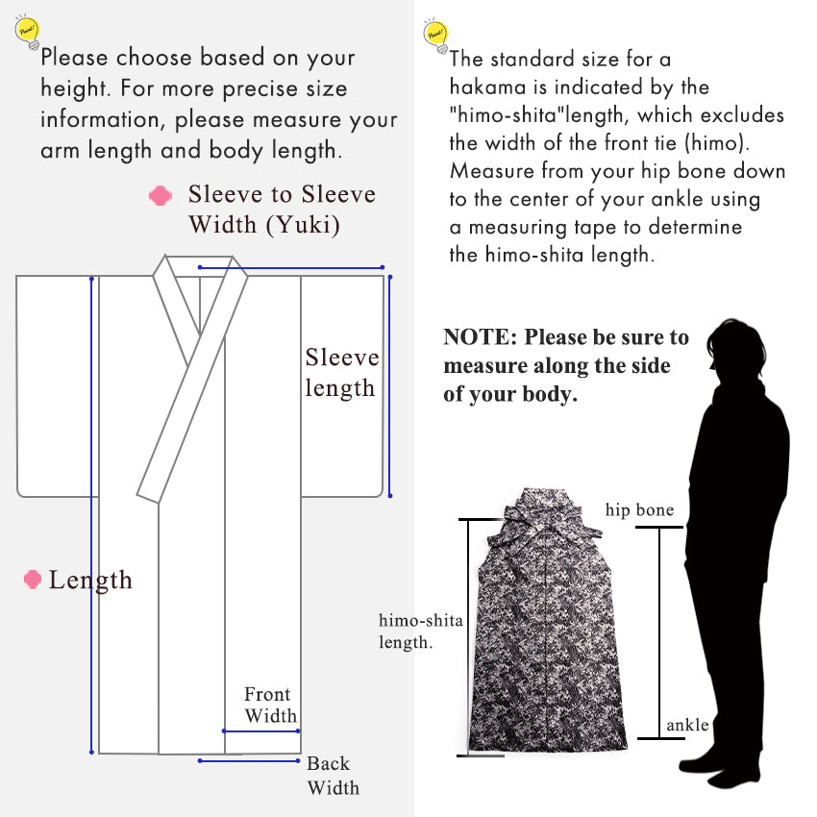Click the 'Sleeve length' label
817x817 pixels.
click(341, 373)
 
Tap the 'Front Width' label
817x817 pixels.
click(269, 706)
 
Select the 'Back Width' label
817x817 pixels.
click(333, 776)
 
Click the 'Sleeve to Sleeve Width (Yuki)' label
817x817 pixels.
click(282, 210)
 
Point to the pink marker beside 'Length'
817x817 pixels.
click(33, 580)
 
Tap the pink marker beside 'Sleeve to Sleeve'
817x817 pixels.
click(161, 196)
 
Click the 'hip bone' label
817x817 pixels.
click(639, 509)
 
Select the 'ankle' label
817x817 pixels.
click(686, 725)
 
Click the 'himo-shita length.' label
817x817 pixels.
click(421, 631)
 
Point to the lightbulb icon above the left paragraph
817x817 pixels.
click(27, 35)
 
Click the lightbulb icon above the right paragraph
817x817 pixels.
click(434, 34)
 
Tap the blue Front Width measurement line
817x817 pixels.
click(261, 730)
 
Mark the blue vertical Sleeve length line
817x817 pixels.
click(389, 384)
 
